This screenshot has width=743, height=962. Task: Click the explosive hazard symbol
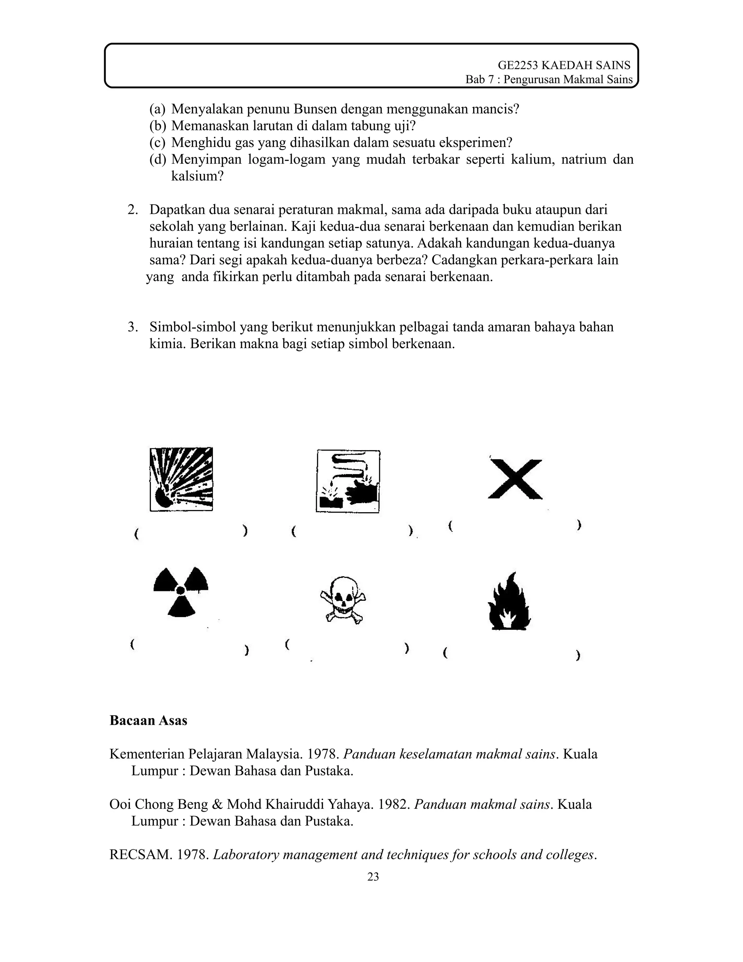click(181, 479)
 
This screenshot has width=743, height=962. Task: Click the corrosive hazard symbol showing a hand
click(348, 481)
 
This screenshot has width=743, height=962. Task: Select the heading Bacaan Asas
click(148, 721)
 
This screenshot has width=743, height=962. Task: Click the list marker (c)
click(157, 142)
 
